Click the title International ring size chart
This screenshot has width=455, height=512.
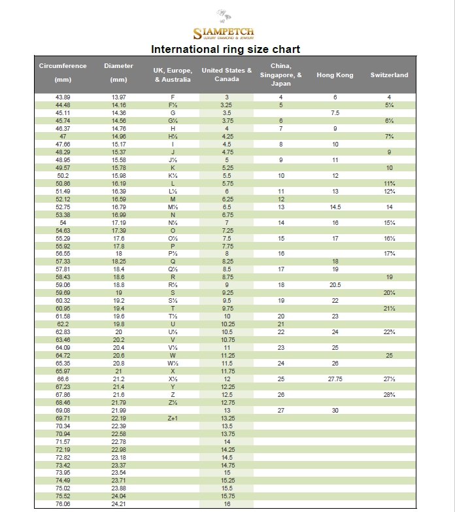coord(226,50)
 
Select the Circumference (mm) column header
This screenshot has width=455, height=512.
coord(63,73)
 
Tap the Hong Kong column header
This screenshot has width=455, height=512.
coord(335,75)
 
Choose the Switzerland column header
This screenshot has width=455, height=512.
coord(389,75)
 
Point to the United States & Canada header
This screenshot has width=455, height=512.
coord(227,75)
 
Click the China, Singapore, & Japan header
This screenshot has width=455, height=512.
coord(280,75)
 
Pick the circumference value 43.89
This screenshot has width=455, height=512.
coord(63,97)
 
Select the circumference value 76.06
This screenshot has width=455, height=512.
coord(63,503)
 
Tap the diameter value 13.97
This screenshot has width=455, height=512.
coord(118,97)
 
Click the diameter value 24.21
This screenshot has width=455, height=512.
coord(118,503)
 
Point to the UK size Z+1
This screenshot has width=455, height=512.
coord(173,418)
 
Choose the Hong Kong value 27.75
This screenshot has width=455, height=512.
coord(335,379)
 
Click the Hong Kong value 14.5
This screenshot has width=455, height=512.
coord(335,207)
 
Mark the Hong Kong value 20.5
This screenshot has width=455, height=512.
coord(335,285)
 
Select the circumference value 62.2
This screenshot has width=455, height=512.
coord(63,324)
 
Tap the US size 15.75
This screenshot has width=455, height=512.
coord(227,496)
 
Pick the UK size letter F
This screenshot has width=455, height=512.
coord(173,97)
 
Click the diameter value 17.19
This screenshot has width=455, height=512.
coord(118,222)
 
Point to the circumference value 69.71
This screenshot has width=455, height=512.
coord(63,418)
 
